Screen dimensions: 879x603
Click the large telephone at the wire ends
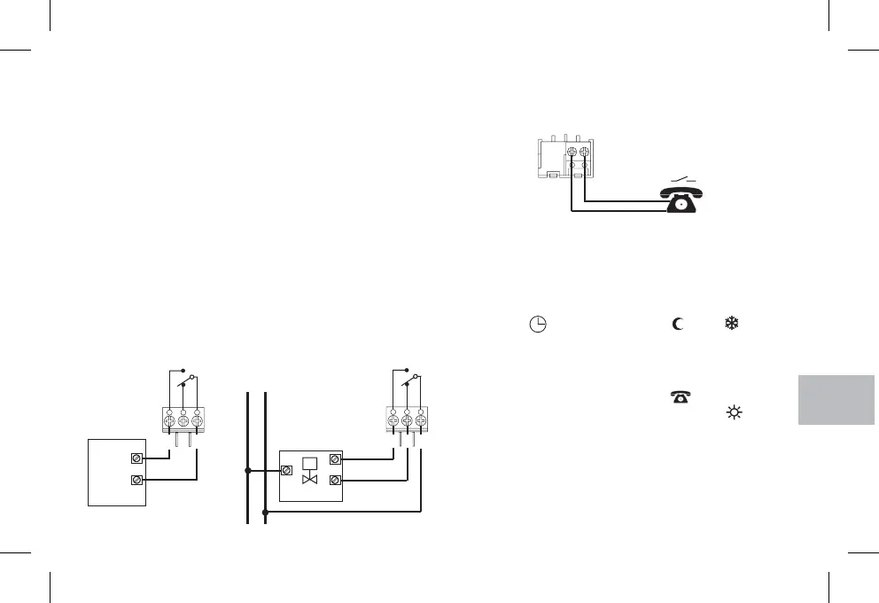click(680, 200)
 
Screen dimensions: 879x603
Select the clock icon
click(537, 325)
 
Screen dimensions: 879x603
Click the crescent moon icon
click(678, 324)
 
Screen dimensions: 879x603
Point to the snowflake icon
click(732, 324)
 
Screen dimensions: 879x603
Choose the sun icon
click(733, 412)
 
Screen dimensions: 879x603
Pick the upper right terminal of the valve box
click(335, 458)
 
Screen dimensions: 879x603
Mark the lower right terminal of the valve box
click(335, 482)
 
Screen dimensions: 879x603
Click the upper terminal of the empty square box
click(136, 458)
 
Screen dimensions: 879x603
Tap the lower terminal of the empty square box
click(136, 482)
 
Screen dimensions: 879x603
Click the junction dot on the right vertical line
click(265, 512)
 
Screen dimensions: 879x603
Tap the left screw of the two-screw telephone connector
click(572, 152)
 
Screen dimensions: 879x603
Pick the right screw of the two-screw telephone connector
click(584, 152)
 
